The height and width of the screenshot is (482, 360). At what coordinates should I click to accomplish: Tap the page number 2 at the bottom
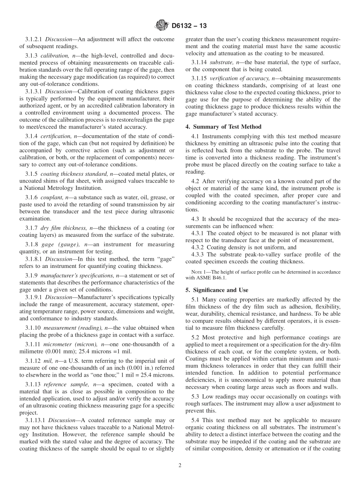click(x=180, y=466)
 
